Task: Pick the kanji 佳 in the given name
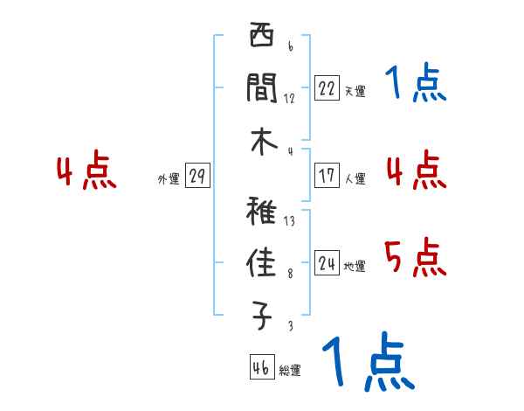pos(261,263)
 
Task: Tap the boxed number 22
pos(327,87)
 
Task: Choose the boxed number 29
pos(196,177)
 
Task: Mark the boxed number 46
pos(260,367)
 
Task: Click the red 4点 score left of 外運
pos(86,171)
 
